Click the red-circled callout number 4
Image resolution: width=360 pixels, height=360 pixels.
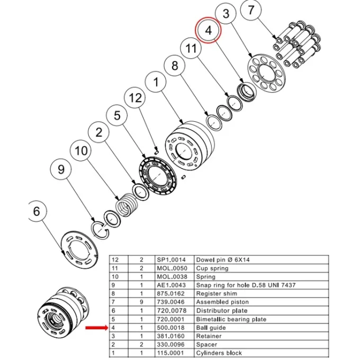pyautogui.click(x=208, y=30)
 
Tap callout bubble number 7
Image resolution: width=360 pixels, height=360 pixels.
pyautogui.click(x=251, y=10)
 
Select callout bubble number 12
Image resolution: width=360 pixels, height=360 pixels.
pyautogui.click(x=135, y=98)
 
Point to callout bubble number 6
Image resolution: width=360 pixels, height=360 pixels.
pyautogui.click(x=37, y=211)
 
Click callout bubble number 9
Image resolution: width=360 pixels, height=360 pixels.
pyautogui.click(x=61, y=169)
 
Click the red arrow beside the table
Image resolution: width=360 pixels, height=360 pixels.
pyautogui.click(x=96, y=328)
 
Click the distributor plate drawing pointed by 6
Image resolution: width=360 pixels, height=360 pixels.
pyautogui.click(x=79, y=249)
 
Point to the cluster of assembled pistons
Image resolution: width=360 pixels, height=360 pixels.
pyautogui.click(x=296, y=43)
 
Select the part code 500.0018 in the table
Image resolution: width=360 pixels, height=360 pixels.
pyautogui.click(x=170, y=328)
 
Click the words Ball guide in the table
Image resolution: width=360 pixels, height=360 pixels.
pyautogui.click(x=211, y=328)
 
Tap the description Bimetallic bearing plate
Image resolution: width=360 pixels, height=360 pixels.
pyautogui.click(x=231, y=319)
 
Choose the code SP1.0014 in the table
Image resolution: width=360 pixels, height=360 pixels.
pyautogui.click(x=172, y=259)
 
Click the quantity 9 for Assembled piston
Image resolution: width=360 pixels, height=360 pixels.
pyautogui.click(x=141, y=302)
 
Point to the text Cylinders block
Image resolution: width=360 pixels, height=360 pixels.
pyautogui.click(x=219, y=353)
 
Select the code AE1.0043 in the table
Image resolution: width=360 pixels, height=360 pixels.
pyautogui.click(x=172, y=285)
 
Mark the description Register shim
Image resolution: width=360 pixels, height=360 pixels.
pyautogui.click(x=217, y=294)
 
